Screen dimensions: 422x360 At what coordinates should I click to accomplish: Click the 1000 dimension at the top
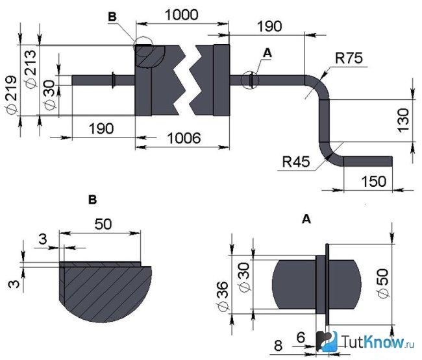pyautogui.click(x=182, y=15)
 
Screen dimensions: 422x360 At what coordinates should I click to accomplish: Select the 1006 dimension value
pyautogui.click(x=184, y=138)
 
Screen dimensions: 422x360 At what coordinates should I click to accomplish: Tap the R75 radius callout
pyautogui.click(x=349, y=58)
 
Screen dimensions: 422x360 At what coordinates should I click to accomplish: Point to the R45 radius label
pyautogui.click(x=296, y=162)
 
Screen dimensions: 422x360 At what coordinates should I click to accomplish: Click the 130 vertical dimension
pyautogui.click(x=403, y=120)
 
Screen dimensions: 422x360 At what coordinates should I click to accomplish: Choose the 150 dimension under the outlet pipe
pyautogui.click(x=374, y=182)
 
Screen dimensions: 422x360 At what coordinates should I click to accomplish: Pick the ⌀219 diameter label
pyautogui.click(x=11, y=95)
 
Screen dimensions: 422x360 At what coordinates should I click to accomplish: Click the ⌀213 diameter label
pyautogui.click(x=30, y=69)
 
